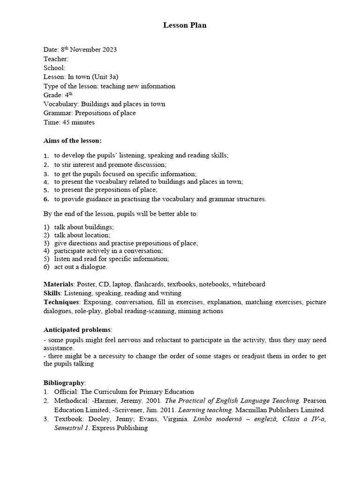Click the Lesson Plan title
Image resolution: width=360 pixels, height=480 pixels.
pos(185,25)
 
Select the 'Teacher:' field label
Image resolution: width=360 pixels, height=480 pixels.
pos(56,59)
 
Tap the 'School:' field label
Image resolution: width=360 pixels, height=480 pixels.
pos(54,68)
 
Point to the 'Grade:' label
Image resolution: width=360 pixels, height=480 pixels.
pos(52,95)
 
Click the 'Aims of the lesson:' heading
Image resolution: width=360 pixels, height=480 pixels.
pos(73,140)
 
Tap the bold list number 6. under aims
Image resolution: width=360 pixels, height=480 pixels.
pos(46,199)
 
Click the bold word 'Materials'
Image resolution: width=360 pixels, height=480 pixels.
pos(59,284)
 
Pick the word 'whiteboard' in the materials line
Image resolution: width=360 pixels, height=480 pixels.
pos(249,284)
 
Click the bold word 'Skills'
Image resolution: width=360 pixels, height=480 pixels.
pos(52,293)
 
